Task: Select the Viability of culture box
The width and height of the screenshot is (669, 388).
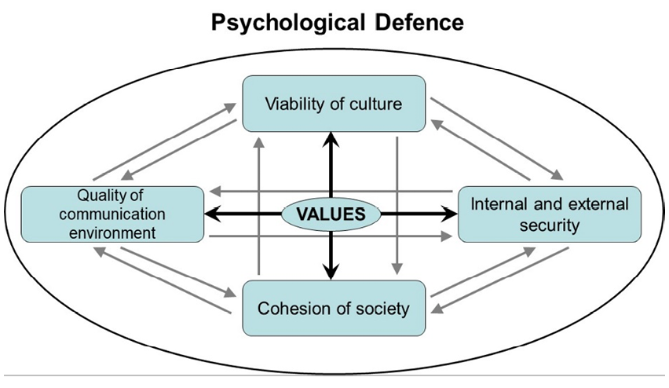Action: [x=334, y=104]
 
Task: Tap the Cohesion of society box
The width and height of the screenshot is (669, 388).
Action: [x=334, y=307]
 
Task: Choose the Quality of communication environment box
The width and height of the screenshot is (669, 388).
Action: [x=113, y=213]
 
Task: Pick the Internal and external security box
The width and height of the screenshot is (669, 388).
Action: [x=549, y=214]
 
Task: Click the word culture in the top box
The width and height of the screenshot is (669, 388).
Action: [x=376, y=104]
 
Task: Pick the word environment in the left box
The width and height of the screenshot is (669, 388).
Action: [x=113, y=232]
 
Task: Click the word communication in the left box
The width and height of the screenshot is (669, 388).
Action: [x=113, y=213]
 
